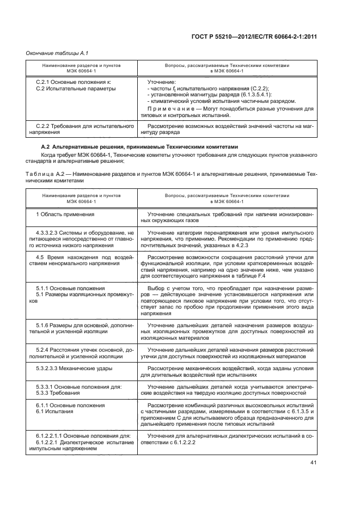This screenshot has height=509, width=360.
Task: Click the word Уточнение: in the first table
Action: click(162, 82)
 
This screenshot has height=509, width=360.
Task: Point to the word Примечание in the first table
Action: click(170, 109)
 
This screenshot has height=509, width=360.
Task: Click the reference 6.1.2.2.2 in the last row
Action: click(180, 443)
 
